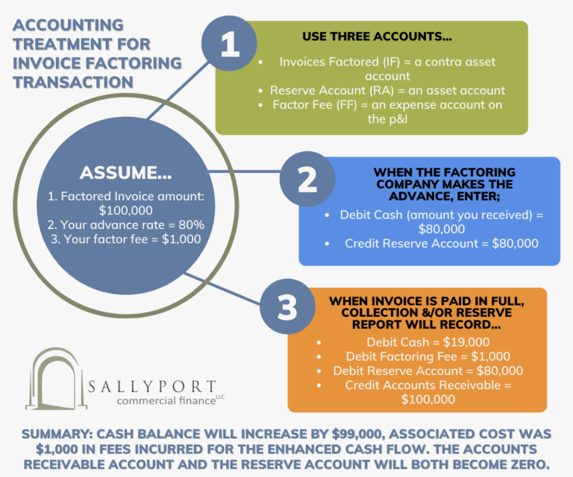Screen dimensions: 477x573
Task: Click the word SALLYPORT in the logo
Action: pos(151,388)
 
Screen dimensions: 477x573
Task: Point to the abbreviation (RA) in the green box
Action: pos(398,90)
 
